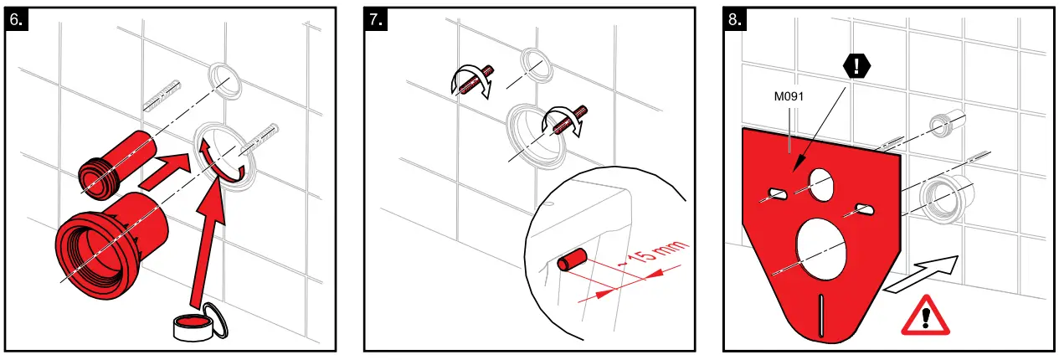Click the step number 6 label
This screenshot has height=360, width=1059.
tap(17, 20)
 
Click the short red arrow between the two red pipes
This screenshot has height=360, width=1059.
tap(164, 171)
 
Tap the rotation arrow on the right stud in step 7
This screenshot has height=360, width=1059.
tap(563, 121)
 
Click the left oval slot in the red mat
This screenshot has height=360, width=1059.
tap(778, 194)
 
